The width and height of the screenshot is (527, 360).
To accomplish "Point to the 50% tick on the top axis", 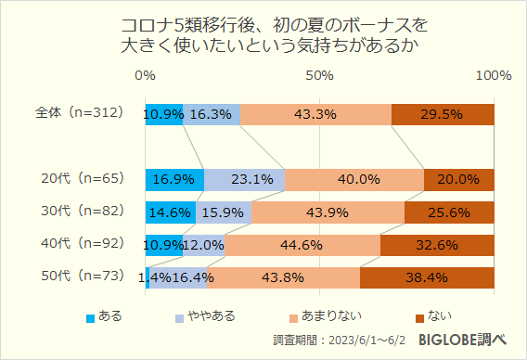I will [x=320, y=75].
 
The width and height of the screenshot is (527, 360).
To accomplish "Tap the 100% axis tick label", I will [x=493, y=75].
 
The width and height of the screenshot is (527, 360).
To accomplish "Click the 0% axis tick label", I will [x=145, y=75].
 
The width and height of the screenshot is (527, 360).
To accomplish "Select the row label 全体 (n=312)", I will [x=79, y=113].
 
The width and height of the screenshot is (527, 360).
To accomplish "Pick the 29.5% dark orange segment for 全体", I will [x=443, y=114].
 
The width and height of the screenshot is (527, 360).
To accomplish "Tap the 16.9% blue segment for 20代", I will [x=174, y=179].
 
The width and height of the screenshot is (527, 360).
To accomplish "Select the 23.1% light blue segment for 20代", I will [x=244, y=179].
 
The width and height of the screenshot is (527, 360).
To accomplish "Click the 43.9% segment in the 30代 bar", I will [x=328, y=212].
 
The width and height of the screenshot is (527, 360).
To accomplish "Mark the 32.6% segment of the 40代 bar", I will [x=437, y=245].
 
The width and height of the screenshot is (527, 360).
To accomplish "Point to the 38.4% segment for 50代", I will [x=427, y=277].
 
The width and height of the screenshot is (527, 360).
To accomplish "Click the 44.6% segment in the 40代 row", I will [x=302, y=245].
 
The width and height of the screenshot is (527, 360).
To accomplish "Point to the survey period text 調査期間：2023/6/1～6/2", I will [x=341, y=341].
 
